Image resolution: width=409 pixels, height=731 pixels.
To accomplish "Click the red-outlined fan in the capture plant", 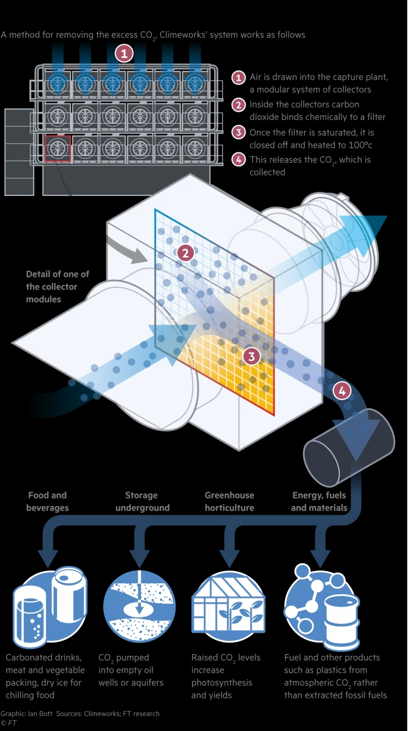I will pyautogui.click(x=58, y=149).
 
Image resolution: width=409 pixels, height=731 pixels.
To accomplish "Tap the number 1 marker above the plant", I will pyautogui.click(x=123, y=54).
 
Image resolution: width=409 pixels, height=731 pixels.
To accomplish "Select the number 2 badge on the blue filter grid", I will pyautogui.click(x=185, y=253).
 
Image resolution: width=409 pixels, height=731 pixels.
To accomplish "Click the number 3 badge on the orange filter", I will pyautogui.click(x=251, y=356).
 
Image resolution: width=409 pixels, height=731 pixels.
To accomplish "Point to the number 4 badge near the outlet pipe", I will pyautogui.click(x=342, y=391).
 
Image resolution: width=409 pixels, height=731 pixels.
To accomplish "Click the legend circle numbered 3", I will pyautogui.click(x=239, y=132).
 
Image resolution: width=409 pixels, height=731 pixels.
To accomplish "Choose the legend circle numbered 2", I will pyautogui.click(x=239, y=105).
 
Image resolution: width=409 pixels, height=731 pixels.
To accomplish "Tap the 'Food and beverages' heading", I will pyautogui.click(x=47, y=501).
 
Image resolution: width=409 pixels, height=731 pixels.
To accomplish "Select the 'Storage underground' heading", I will pyautogui.click(x=142, y=501).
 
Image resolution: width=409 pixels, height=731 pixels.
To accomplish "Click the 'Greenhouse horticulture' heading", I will pyautogui.click(x=229, y=501).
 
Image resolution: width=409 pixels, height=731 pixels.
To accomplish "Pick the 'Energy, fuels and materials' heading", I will pyautogui.click(x=319, y=501).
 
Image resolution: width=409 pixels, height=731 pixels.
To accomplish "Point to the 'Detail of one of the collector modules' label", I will pyautogui.click(x=57, y=287).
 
